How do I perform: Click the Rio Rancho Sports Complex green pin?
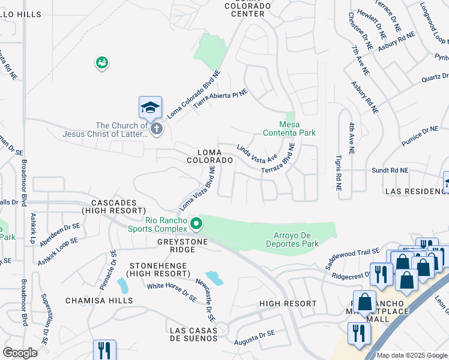(196, 224)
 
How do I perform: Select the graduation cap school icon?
(150, 108)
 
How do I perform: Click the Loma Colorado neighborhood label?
(209, 156)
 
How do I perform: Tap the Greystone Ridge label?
(182, 242)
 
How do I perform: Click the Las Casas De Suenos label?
(193, 334)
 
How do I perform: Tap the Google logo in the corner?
(20, 353)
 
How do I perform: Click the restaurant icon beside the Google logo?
(104, 350)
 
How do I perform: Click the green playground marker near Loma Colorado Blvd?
(101, 62)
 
